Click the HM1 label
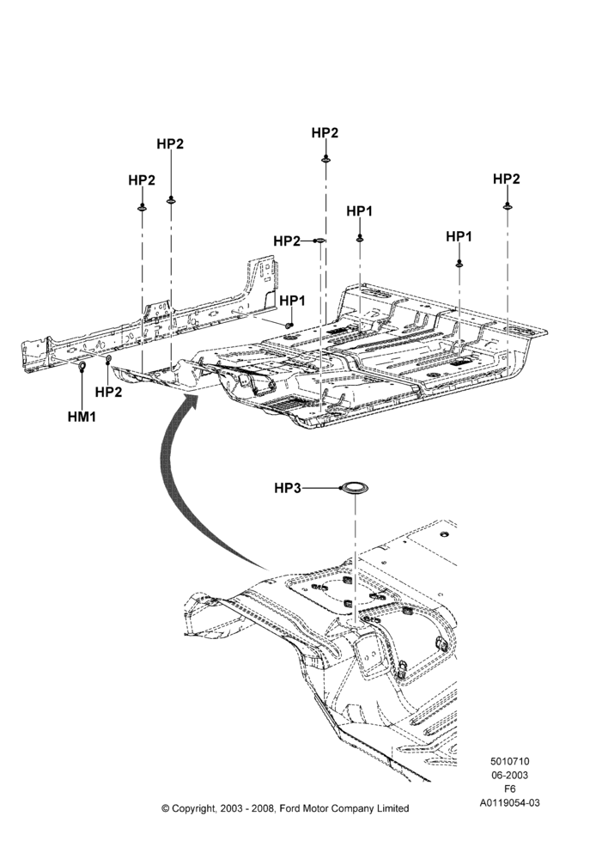click(82, 417)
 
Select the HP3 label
click(288, 488)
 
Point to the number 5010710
click(509, 761)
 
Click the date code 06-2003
click(509, 775)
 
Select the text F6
click(509, 789)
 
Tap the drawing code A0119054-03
click(509, 803)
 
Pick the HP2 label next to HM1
click(108, 392)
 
